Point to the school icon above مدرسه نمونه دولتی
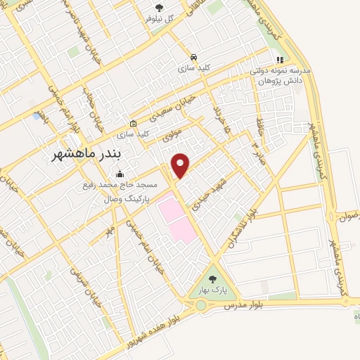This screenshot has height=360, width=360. click(x=280, y=60)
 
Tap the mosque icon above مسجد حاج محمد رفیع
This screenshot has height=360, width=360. click(x=120, y=174)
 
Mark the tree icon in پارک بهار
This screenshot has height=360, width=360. click(x=212, y=279)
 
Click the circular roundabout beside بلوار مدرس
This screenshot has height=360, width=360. click(x=202, y=305)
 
